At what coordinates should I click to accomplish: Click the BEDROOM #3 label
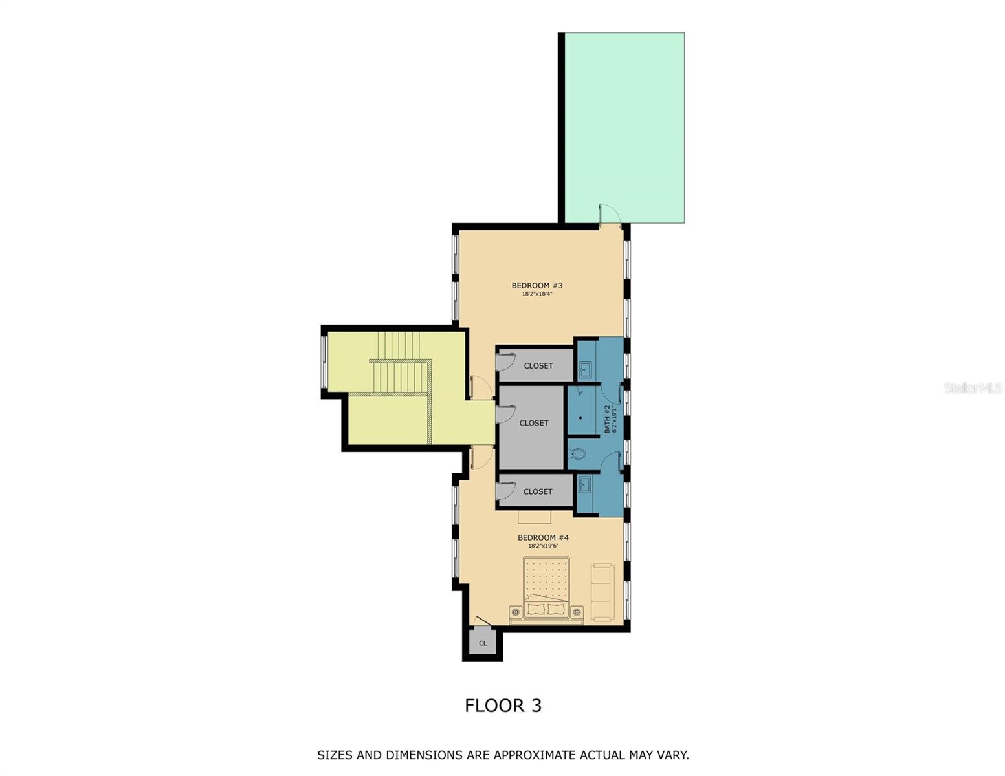pos(536,285)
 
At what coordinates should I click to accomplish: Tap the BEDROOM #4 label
pos(543,537)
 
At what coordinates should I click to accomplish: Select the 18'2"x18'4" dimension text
pos(536,294)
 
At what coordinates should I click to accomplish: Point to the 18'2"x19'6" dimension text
pos(543,546)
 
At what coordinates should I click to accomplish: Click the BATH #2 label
pos(607,419)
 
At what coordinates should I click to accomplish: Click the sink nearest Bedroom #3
pos(585,371)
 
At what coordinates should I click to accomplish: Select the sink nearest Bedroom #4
pos(585,484)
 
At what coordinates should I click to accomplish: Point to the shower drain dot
pos(580,418)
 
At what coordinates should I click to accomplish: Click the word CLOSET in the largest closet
pos(534,423)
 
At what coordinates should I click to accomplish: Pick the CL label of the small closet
pos(483,643)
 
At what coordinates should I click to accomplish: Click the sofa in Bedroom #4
pos(602,592)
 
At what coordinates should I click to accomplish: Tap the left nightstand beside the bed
pos(516,612)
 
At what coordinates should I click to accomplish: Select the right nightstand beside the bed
pos(576,612)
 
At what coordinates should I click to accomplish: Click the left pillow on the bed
pos(536,609)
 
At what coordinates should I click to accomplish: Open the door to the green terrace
pos(609,215)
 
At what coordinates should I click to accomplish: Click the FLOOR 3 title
pos(503,706)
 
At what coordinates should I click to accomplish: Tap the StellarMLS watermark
pos(973,388)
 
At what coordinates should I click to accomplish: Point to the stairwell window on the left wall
pos(324,363)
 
